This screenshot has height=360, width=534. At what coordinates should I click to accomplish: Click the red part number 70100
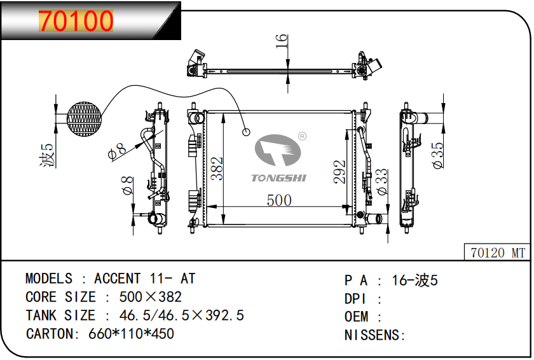click(x=76, y=21)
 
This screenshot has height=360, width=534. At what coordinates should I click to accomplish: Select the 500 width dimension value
click(x=278, y=200)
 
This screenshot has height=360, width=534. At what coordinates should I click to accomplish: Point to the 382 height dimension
click(x=217, y=169)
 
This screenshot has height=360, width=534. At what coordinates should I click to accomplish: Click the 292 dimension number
click(x=339, y=172)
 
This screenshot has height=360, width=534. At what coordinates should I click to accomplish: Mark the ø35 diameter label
click(x=437, y=156)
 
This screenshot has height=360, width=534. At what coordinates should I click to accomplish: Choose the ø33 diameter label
click(x=381, y=181)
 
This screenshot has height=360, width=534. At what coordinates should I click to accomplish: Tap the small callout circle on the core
click(x=246, y=132)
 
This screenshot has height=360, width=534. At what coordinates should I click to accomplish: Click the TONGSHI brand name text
click(x=279, y=177)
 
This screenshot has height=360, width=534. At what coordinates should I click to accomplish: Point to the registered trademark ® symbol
click(x=303, y=136)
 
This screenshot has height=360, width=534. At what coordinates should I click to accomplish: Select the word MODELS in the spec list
click(x=49, y=279)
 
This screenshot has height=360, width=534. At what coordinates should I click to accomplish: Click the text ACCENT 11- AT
click(x=144, y=279)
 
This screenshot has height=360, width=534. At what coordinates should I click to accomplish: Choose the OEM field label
click(x=357, y=317)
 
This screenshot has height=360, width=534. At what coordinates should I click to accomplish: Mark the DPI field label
click(x=355, y=298)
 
